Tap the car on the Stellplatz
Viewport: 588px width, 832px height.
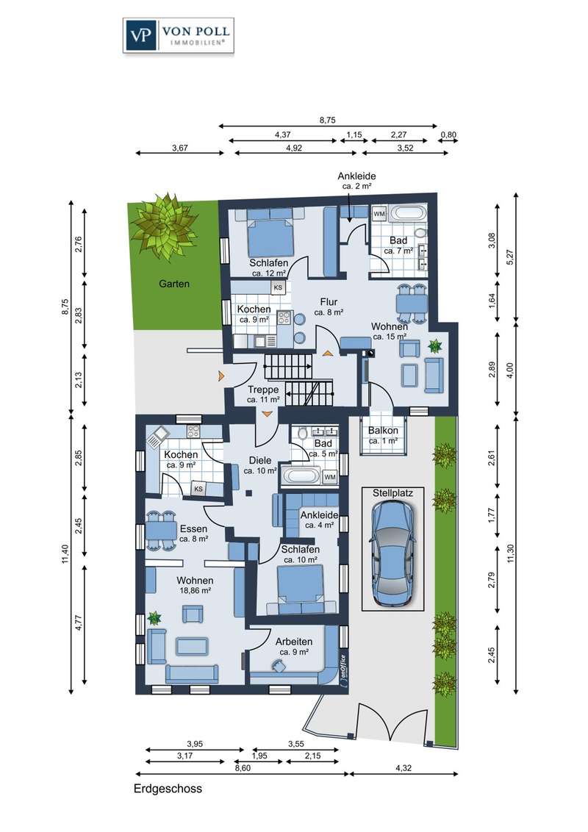point(392,553)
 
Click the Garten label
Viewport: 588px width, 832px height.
point(174,284)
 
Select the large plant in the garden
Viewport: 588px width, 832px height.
point(163,226)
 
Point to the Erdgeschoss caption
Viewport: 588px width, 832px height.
point(168,789)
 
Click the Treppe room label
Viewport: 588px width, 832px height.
point(262,390)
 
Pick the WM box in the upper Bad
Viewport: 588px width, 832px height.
point(379,214)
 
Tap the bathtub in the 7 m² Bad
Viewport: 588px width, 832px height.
point(407,214)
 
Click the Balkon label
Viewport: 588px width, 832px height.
point(383,431)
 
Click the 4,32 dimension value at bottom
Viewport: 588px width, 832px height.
point(404,768)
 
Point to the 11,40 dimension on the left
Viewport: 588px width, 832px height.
point(65,553)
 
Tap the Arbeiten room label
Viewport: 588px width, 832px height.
point(294,642)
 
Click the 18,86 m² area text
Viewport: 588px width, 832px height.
point(195,589)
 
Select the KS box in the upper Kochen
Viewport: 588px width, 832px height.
point(278,287)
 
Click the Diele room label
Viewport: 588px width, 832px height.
point(260,461)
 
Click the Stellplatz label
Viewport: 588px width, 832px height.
point(392,493)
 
